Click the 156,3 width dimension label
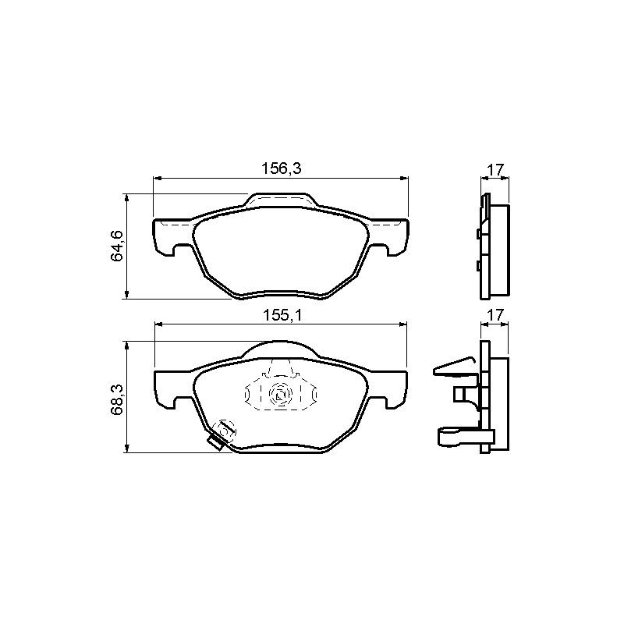[282, 168]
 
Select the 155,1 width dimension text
[283, 316]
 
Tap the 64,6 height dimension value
[117, 246]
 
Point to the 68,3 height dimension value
[117, 400]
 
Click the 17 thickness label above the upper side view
[496, 169]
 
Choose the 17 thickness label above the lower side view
[496, 315]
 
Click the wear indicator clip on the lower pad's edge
[216, 443]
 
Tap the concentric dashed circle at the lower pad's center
[281, 395]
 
